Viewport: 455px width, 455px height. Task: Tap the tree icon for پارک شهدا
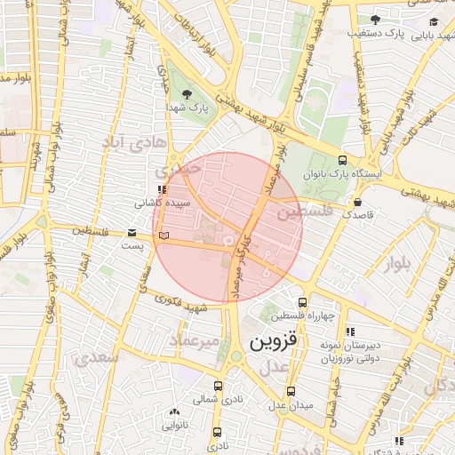(188, 92)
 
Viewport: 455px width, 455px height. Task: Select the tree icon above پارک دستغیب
(375, 19)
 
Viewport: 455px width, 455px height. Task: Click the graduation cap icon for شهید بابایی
(433, 22)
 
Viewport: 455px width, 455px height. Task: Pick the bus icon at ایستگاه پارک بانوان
(342, 160)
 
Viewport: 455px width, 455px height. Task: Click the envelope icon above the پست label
(132, 233)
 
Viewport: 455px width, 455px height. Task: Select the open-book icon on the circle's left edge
(162, 235)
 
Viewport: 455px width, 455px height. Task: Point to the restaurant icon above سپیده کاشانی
(160, 189)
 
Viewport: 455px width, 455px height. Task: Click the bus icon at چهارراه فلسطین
(303, 302)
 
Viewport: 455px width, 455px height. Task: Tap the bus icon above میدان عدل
(291, 391)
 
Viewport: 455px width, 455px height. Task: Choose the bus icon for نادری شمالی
(219, 386)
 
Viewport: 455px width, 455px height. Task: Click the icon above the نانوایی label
(173, 412)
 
